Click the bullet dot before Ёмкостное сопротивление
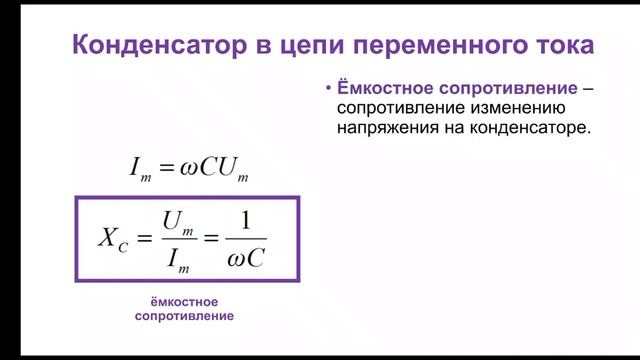[x=327, y=86]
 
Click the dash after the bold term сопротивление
[x=588, y=86]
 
